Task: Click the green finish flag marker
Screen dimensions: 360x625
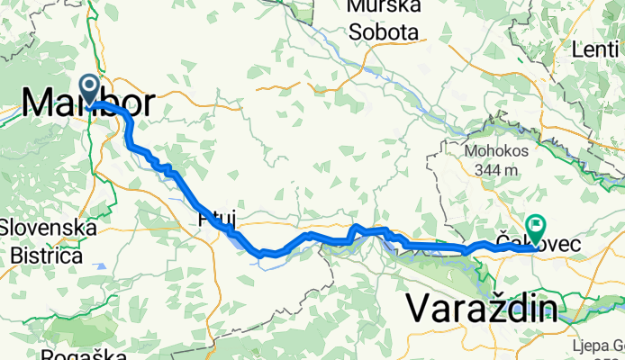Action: pyautogui.click(x=538, y=228)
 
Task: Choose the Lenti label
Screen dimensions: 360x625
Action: pyautogui.click(x=597, y=49)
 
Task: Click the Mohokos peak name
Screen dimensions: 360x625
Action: pyautogui.click(x=492, y=149)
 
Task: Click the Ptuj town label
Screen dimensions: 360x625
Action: pyautogui.click(x=209, y=219)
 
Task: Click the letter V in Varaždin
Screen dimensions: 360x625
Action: pyautogui.click(x=419, y=308)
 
